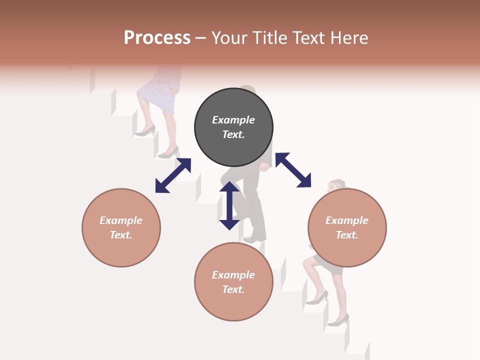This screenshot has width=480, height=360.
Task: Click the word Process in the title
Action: tap(157, 38)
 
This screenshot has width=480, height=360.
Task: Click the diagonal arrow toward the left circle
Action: tap(173, 175)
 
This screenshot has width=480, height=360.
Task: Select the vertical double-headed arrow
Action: tap(229, 205)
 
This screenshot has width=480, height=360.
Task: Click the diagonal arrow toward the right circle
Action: tap(293, 170)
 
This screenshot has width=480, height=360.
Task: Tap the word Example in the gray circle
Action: tap(233, 120)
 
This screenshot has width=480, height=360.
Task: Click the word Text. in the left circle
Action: tap(121, 235)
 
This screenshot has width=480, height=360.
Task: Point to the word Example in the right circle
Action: tap(347, 220)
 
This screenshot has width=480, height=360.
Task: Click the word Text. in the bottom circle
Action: tap(233, 289)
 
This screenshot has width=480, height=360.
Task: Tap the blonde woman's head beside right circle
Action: tap(335, 185)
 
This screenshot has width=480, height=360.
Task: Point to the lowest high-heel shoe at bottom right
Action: tap(339, 320)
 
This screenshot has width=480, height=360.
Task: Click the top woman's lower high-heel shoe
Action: tap(169, 152)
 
